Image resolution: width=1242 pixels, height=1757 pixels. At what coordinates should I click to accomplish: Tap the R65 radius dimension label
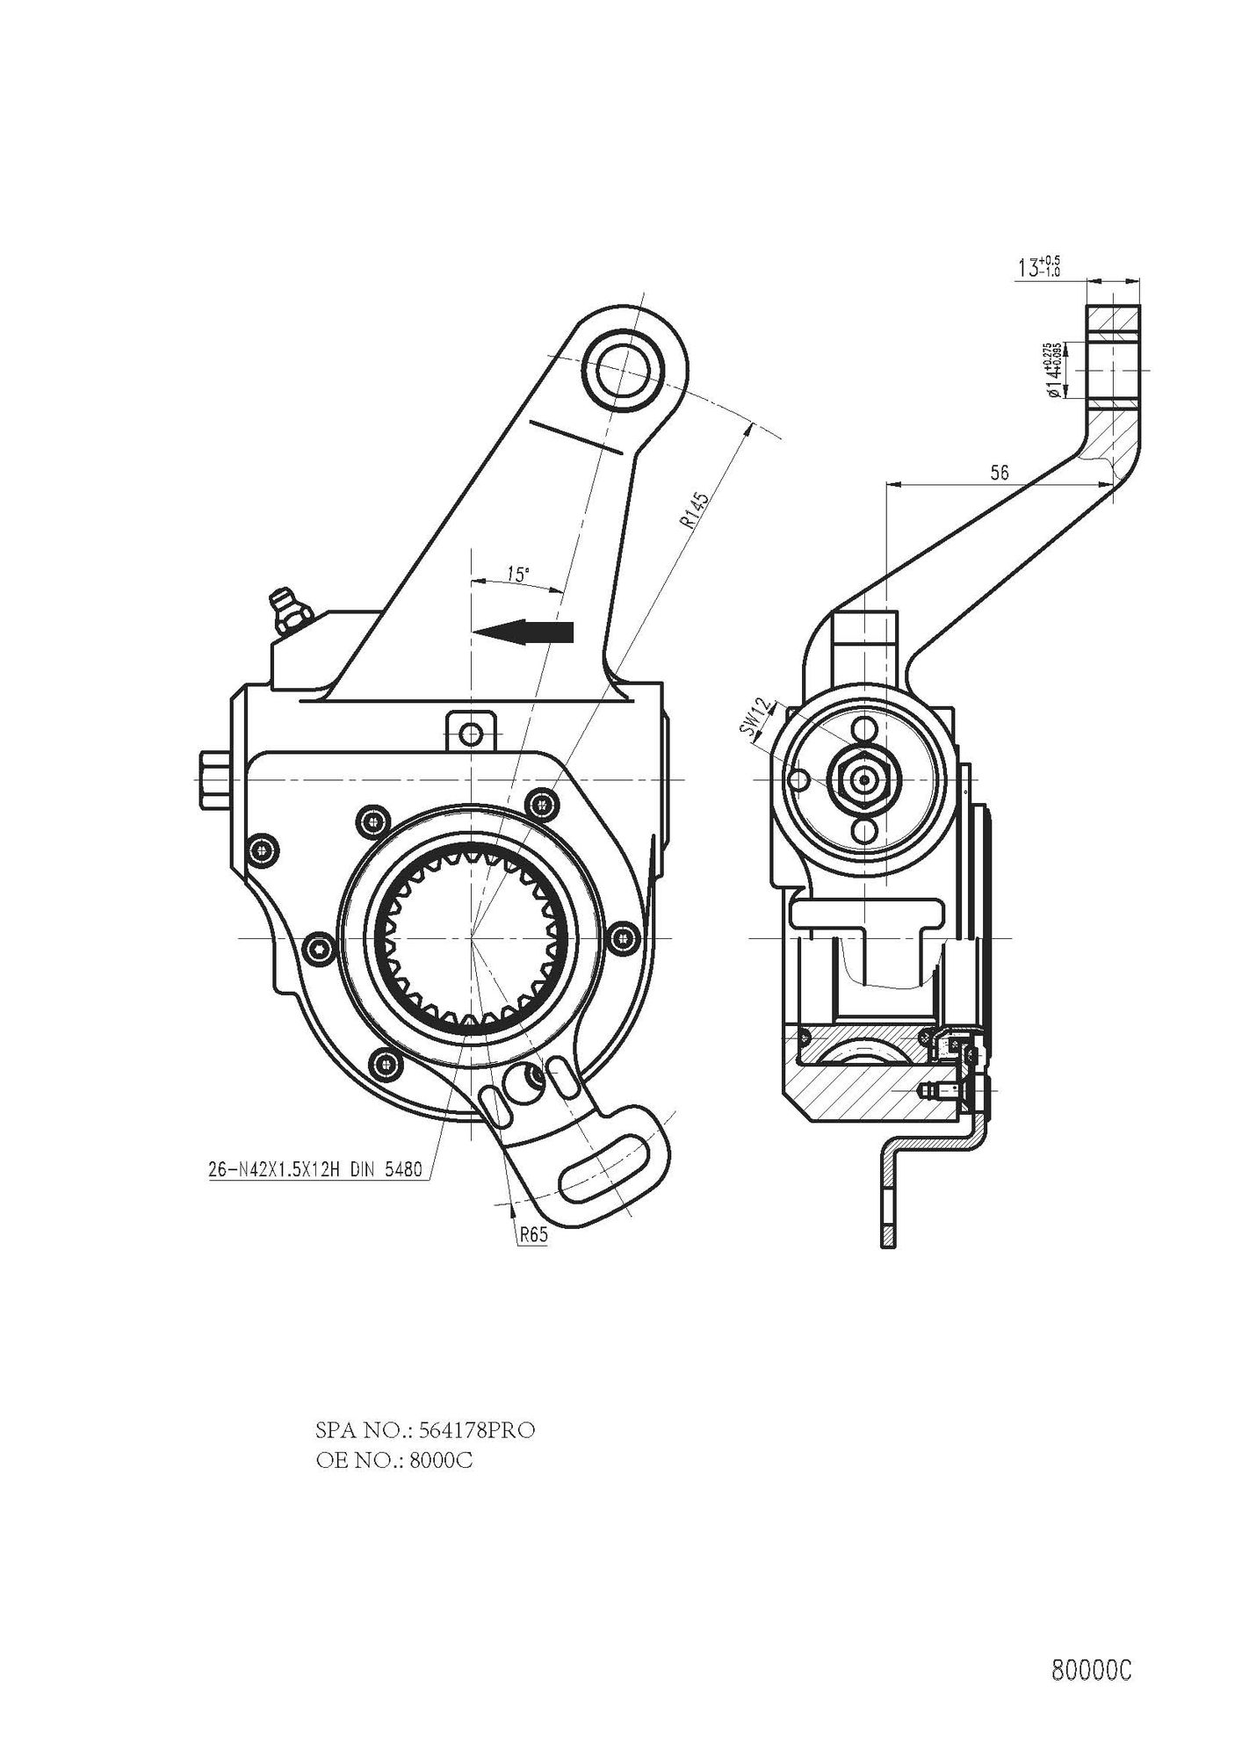click(533, 1234)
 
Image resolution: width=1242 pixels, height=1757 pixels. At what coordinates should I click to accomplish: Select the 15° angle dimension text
click(517, 575)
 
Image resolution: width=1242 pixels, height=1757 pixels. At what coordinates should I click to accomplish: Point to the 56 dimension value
click(999, 473)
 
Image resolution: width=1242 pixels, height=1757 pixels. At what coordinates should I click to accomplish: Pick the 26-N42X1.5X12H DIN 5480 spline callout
click(316, 1170)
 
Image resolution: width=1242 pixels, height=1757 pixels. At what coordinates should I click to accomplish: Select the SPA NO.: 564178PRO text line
click(424, 1430)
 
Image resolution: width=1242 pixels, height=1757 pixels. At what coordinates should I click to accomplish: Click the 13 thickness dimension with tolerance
click(1038, 267)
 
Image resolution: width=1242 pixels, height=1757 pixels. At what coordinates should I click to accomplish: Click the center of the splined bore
click(472, 938)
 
